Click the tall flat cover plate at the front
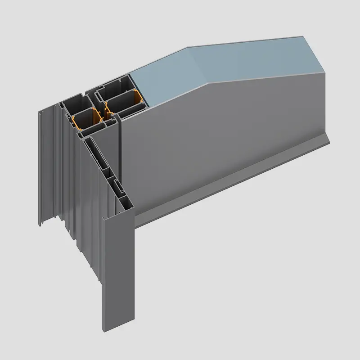[119, 279]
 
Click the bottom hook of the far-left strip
[40, 223]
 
